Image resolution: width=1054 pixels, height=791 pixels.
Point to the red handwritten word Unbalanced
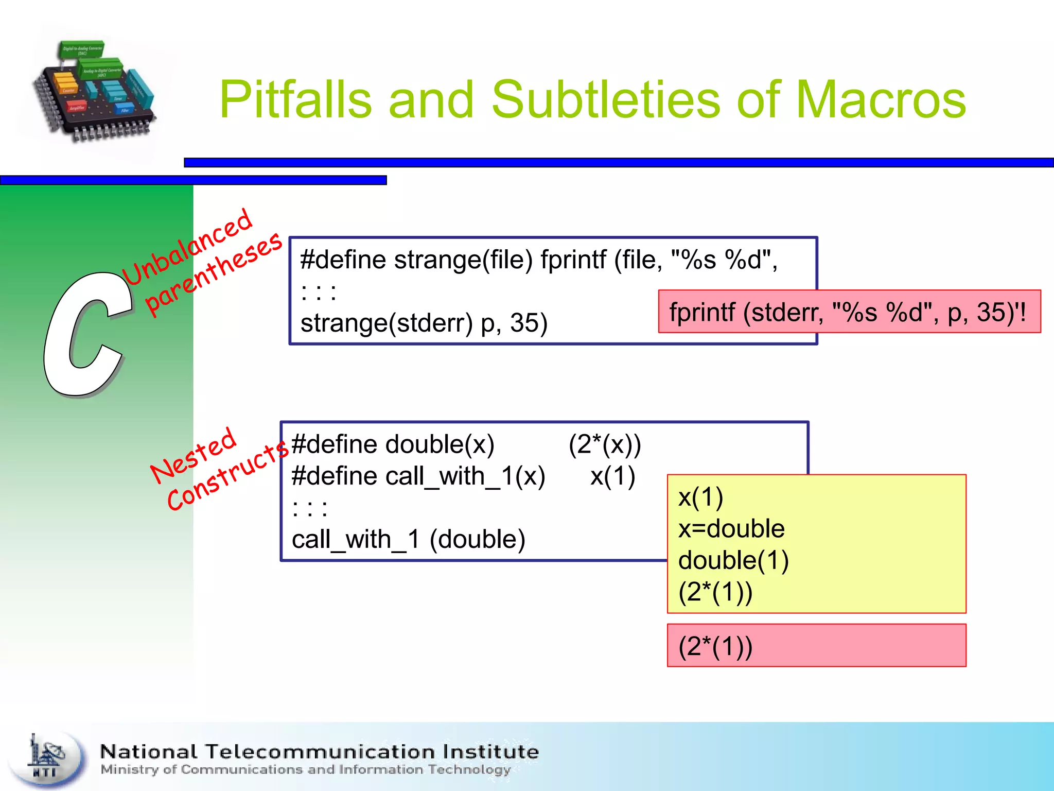click(188, 247)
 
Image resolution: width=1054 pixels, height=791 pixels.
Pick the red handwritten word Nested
click(194, 456)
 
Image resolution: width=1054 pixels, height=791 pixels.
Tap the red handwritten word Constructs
click(226, 477)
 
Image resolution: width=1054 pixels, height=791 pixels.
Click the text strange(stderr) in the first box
click(386, 323)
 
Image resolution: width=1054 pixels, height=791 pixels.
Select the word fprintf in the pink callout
click(702, 312)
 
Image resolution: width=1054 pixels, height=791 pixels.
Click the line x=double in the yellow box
click(731, 529)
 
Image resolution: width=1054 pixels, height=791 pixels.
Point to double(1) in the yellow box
click(733, 560)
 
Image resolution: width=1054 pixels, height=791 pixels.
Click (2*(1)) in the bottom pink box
click(715, 646)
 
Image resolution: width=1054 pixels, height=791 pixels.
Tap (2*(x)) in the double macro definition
click(605, 444)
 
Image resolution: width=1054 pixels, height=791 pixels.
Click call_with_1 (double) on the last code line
click(408, 540)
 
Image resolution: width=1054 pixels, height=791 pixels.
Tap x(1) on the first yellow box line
click(700, 497)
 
